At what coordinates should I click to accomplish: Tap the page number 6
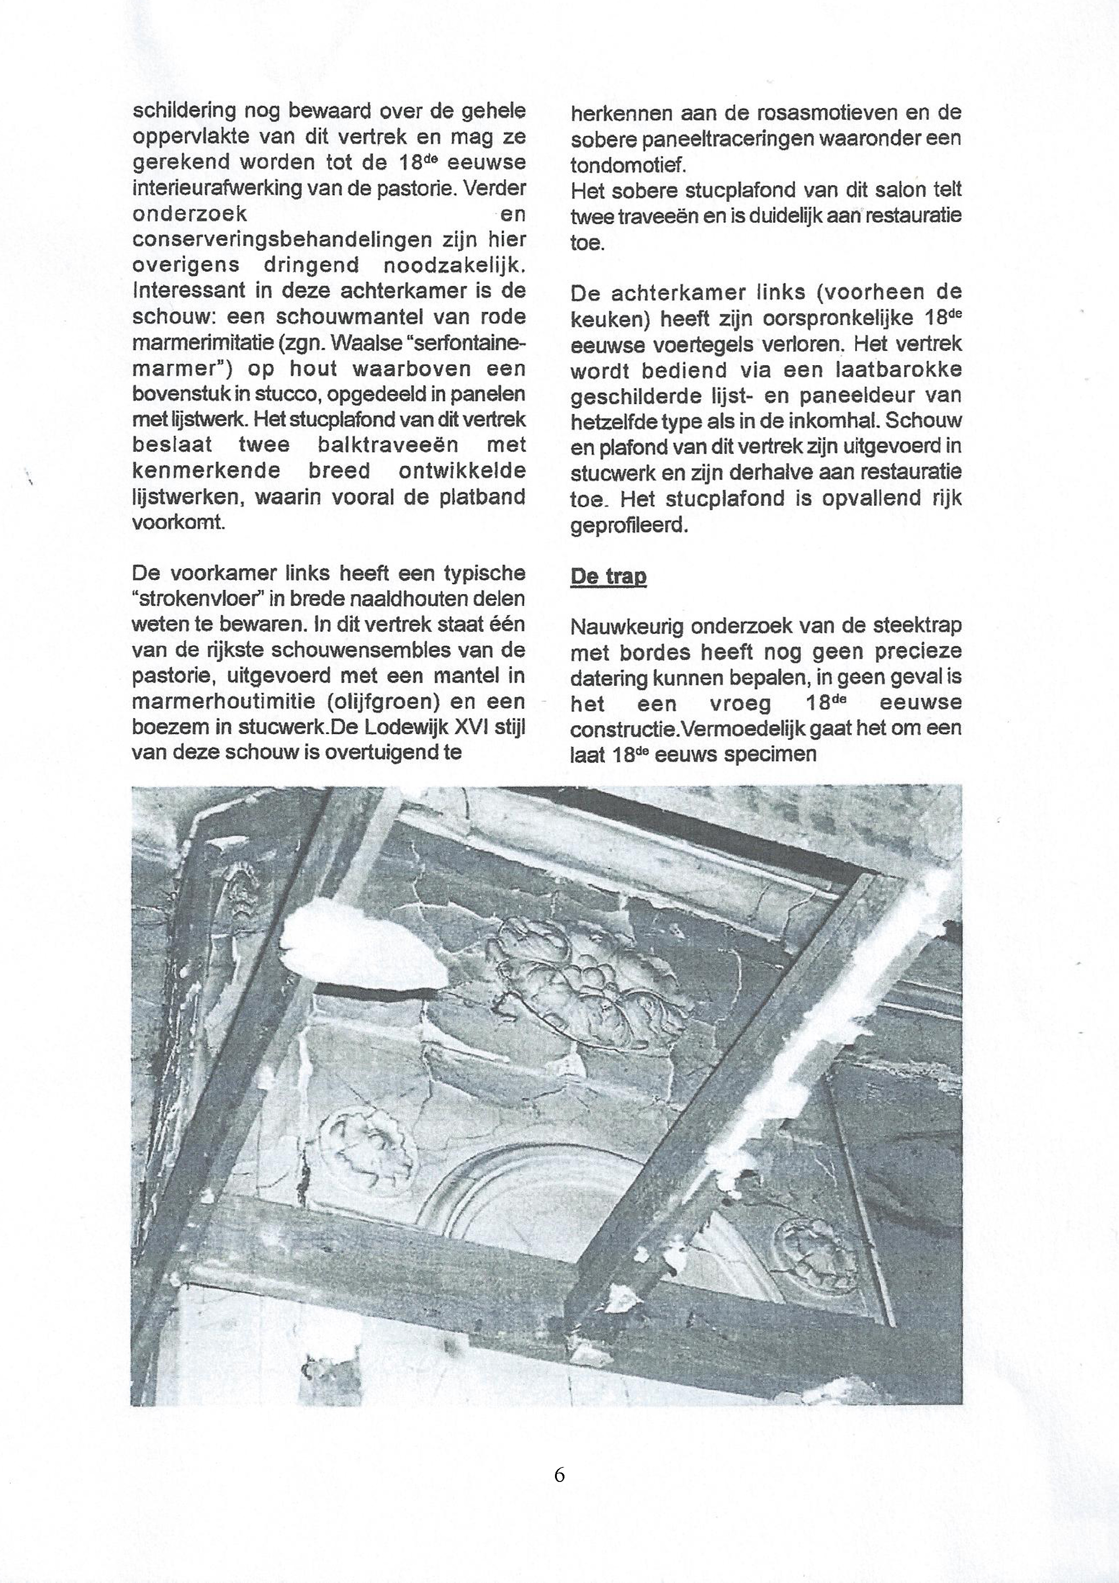[x=559, y=1474]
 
